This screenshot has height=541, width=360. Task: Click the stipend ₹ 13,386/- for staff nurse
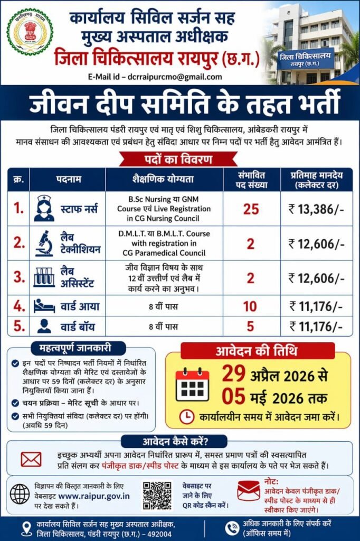[316, 209]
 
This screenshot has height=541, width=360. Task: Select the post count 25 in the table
[251, 209]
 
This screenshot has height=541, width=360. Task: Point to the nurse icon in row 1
[44, 208]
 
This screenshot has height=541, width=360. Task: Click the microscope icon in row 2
[44, 243]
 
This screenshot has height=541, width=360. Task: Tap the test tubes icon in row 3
[44, 277]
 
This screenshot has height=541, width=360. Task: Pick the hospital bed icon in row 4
[44, 305]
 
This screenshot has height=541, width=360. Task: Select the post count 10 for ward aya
[251, 305]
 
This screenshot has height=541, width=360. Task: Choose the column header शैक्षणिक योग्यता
[164, 180]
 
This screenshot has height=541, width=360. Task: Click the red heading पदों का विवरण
[179, 160]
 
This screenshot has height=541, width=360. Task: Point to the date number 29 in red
[233, 374]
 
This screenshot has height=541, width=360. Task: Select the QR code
[157, 495]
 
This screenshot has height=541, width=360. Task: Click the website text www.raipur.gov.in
[94, 496]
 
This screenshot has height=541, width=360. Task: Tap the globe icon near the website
[20, 495]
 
